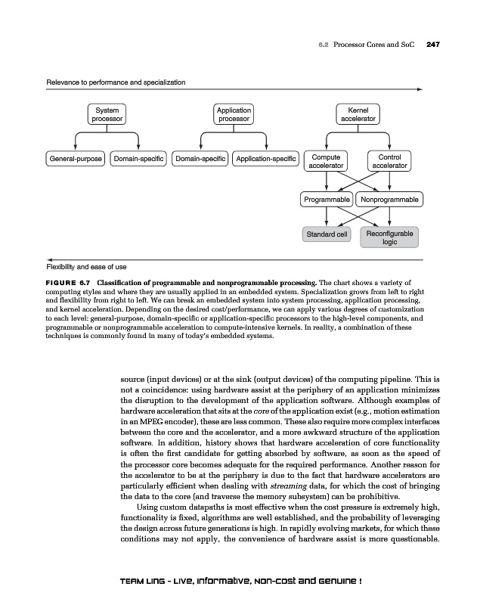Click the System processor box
[x=107, y=114]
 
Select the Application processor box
[x=234, y=114]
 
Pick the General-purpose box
[x=76, y=159]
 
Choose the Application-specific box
[x=265, y=159]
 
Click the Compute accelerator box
[x=326, y=161]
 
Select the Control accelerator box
[x=390, y=161]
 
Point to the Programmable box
[x=327, y=200]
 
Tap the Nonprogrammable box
[x=390, y=200]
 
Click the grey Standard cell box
[x=326, y=234]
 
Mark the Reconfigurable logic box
[x=390, y=237]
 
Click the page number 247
[x=433, y=45]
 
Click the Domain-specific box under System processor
[x=138, y=159]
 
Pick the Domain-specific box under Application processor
[x=200, y=159]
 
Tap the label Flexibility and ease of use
[x=86, y=266]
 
